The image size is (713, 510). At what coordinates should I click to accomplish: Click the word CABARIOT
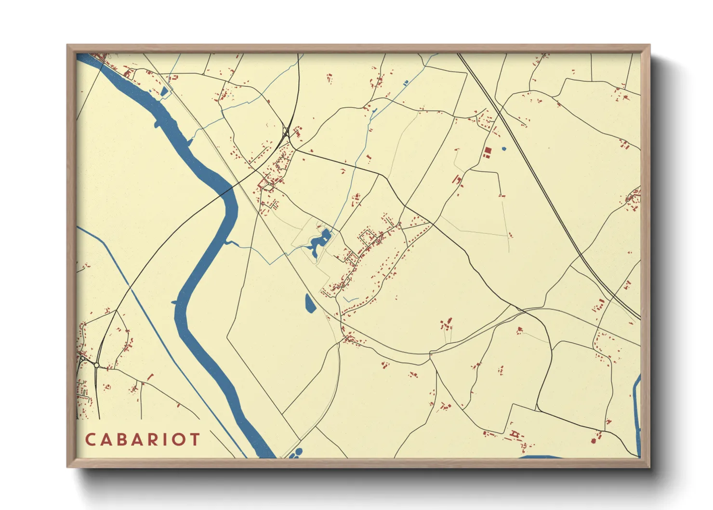coord(143,440)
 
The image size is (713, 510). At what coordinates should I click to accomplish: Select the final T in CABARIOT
coord(195,440)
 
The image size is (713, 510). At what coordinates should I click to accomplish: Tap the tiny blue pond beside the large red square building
coord(504,148)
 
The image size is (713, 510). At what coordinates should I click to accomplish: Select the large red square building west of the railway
coord(487,153)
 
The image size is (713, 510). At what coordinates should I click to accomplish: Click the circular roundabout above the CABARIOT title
coord(97,365)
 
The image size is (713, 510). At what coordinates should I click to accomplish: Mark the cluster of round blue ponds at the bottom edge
coord(296,453)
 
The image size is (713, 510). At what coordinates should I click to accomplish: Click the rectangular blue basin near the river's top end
coord(164,91)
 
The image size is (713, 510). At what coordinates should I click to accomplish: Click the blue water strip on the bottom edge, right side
coord(540,456)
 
